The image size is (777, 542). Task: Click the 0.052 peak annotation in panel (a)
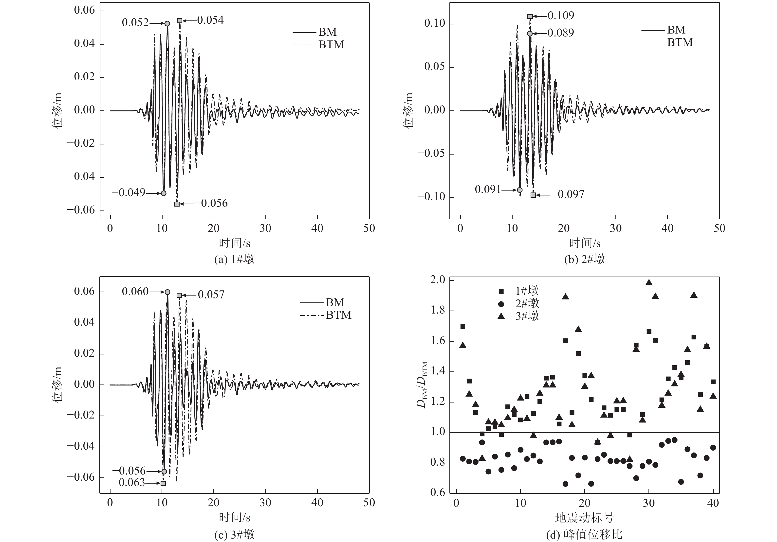pyautogui.click(x=135, y=23)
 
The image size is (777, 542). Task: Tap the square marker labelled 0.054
pyautogui.click(x=180, y=21)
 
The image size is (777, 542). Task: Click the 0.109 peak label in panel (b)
pyautogui.click(x=560, y=16)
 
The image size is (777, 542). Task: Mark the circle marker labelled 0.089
pyautogui.click(x=530, y=34)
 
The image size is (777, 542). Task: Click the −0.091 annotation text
pyautogui.click(x=484, y=190)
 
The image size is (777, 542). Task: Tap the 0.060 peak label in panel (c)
pyautogui.click(x=135, y=291)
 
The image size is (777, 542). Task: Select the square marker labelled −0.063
pyautogui.click(x=163, y=483)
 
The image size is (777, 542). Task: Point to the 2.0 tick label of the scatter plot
pyautogui.click(x=437, y=280)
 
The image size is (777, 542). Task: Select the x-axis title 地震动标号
pyautogui.click(x=584, y=517)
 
